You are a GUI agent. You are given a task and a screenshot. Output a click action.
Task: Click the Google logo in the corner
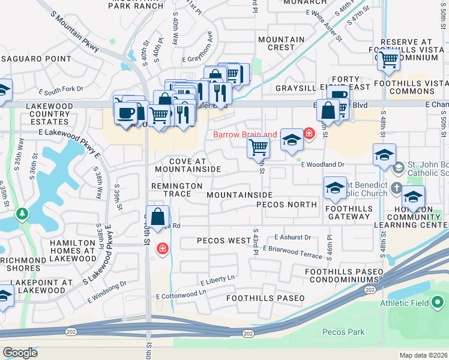(20, 352)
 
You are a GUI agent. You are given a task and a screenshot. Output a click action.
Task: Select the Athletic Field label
(405, 303)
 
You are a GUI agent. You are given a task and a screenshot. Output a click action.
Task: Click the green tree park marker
(22, 213)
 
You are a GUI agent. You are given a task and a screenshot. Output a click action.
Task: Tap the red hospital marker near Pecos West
(162, 248)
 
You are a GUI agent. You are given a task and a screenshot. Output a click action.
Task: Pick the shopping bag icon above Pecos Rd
(157, 217)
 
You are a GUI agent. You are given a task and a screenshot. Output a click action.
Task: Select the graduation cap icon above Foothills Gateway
(335, 188)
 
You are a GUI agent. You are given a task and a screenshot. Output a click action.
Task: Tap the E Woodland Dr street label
(322, 164)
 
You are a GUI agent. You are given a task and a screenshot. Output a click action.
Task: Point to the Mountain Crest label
(281, 43)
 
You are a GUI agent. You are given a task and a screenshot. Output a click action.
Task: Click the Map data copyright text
(423, 355)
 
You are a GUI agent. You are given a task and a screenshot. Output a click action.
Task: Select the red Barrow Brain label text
(246, 134)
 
